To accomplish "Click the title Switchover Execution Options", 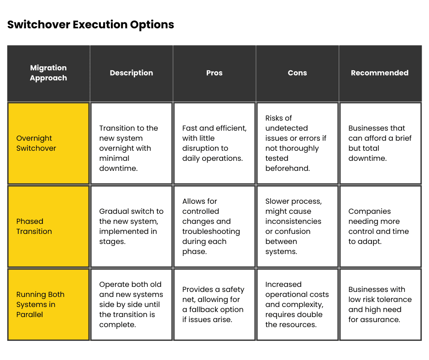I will (x=90, y=25).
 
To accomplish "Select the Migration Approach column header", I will (x=48, y=73).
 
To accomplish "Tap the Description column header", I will (x=131, y=73).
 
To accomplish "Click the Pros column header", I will (x=214, y=73).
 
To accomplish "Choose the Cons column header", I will (x=297, y=73).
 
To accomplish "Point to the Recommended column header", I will (x=380, y=73).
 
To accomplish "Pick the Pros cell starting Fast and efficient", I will (x=214, y=143).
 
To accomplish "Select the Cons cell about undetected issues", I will (x=297, y=143).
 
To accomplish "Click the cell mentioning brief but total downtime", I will (x=380, y=143).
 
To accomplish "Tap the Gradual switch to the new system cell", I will (x=131, y=226).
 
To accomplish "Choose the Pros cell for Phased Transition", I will (x=214, y=226).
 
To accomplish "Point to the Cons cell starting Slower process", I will (x=297, y=226).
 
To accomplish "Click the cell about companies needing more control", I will (x=380, y=226).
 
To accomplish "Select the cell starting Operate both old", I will (x=131, y=304).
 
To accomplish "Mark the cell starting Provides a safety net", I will (x=214, y=304).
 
